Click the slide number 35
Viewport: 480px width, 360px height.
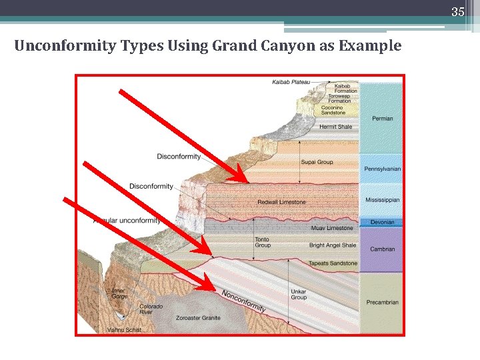[x=457, y=11]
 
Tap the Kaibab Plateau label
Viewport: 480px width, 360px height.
[x=291, y=82]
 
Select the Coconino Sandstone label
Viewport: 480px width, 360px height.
[x=333, y=110]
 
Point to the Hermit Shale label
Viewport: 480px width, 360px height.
[x=335, y=127]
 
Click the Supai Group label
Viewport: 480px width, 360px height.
[x=317, y=162]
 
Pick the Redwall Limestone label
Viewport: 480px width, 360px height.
[x=281, y=202]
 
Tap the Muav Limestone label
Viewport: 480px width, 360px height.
[x=332, y=228]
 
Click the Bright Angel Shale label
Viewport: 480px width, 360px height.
[x=333, y=245]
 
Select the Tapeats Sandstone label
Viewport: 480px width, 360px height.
[x=333, y=263]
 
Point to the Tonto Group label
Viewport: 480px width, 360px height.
[x=263, y=243]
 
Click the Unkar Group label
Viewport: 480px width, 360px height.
[x=299, y=295]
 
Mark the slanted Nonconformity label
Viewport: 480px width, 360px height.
[x=243, y=301]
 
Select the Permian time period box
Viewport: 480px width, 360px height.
[x=382, y=119]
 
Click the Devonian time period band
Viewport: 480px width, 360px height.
[x=382, y=222]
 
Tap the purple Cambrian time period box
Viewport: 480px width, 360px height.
[x=382, y=249]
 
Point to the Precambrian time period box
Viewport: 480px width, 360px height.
[x=382, y=302]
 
